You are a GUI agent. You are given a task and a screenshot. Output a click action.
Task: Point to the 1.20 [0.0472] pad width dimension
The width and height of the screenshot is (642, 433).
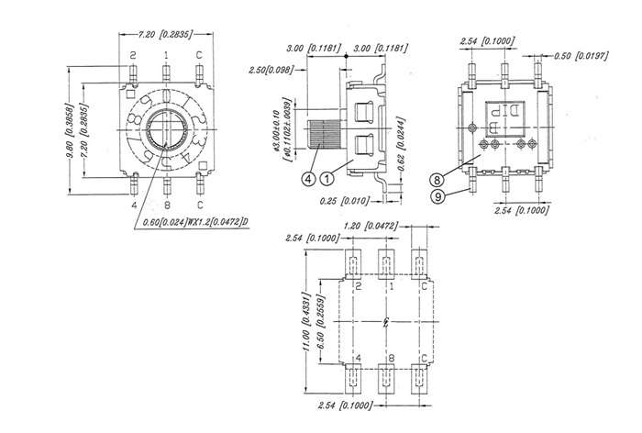pos(370,225)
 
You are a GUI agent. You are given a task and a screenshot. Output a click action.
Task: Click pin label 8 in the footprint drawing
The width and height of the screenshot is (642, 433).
pos(391,358)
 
